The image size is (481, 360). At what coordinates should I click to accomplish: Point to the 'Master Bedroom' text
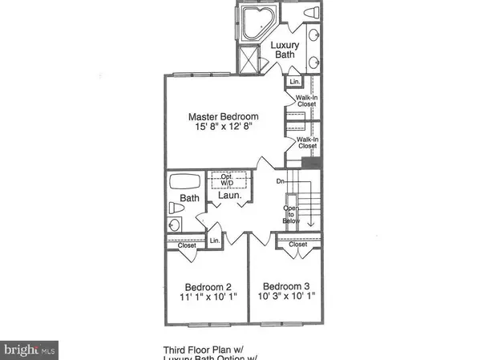tap(218, 116)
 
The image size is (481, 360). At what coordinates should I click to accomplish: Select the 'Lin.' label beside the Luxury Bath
tap(293, 83)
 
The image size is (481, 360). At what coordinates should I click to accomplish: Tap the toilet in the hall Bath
tap(176, 208)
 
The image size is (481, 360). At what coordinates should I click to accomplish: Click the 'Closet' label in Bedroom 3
tap(297, 245)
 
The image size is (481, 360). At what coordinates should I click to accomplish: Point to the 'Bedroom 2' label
tap(208, 287)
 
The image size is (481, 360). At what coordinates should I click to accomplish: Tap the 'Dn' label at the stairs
tap(281, 181)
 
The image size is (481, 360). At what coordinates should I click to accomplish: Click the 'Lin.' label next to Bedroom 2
tap(216, 241)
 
